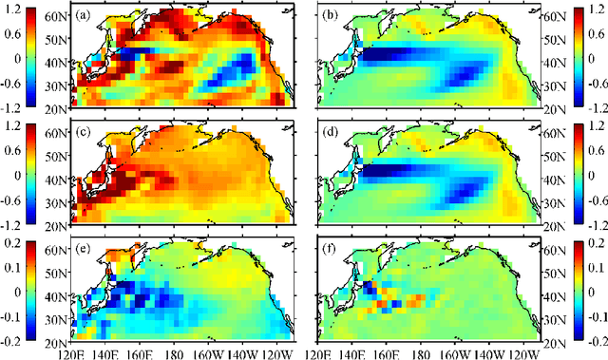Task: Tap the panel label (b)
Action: pos(330,16)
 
